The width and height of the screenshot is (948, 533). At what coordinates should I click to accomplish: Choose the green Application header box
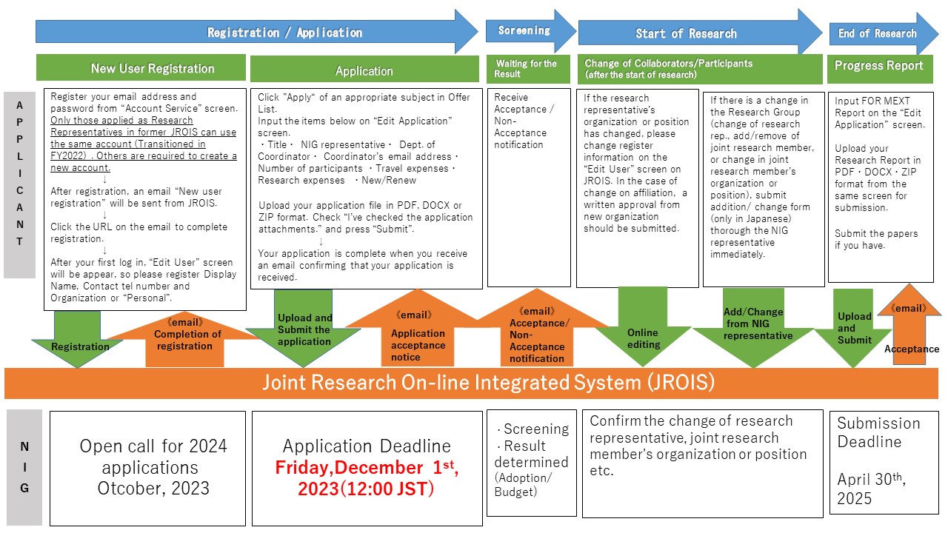coord(364,70)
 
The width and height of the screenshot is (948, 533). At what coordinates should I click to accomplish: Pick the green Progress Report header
coord(880,67)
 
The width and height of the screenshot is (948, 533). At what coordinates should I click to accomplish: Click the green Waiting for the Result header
coord(527,69)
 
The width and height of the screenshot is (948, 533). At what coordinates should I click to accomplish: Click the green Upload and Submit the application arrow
coord(304,329)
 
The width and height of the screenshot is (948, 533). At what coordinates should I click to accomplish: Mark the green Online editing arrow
coord(642,329)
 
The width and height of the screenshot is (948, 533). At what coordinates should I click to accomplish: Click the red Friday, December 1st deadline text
coord(367,478)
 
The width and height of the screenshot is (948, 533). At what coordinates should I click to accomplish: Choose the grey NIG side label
coord(24,467)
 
